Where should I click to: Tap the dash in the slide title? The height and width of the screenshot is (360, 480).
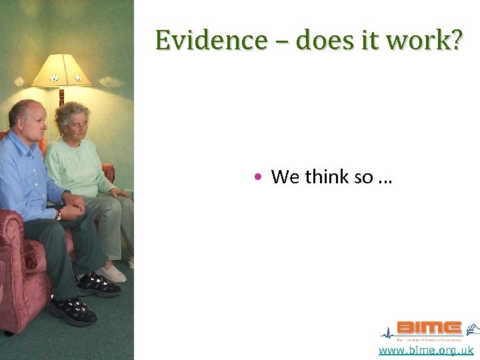point(281,41)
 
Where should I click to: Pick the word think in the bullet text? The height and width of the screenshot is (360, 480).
point(327,177)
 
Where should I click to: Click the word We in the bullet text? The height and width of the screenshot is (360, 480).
point(285,177)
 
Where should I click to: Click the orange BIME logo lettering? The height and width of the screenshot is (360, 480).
point(429,328)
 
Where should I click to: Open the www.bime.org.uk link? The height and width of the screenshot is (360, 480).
point(426,351)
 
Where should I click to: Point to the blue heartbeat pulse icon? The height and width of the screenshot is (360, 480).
point(387,333)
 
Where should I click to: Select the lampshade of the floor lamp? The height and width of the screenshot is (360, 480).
point(61,71)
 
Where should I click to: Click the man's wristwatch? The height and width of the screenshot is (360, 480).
point(59,215)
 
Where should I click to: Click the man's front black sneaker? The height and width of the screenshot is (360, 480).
point(72,310)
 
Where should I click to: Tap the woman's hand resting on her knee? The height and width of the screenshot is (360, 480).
point(120,193)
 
